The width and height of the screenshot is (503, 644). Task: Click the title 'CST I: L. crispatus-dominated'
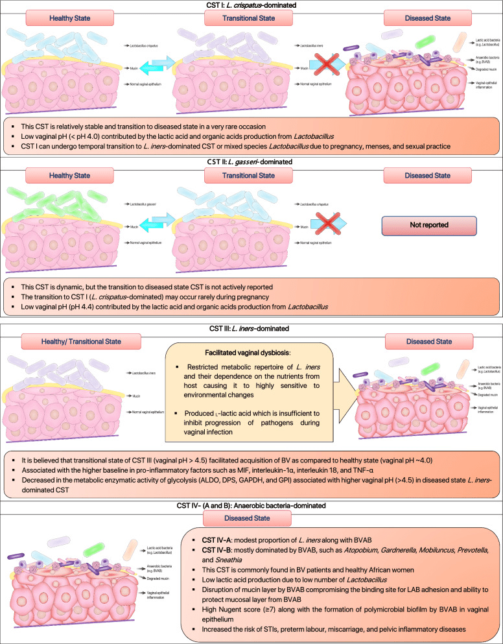[251, 6]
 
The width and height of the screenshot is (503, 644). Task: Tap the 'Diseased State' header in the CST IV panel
[251, 517]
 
